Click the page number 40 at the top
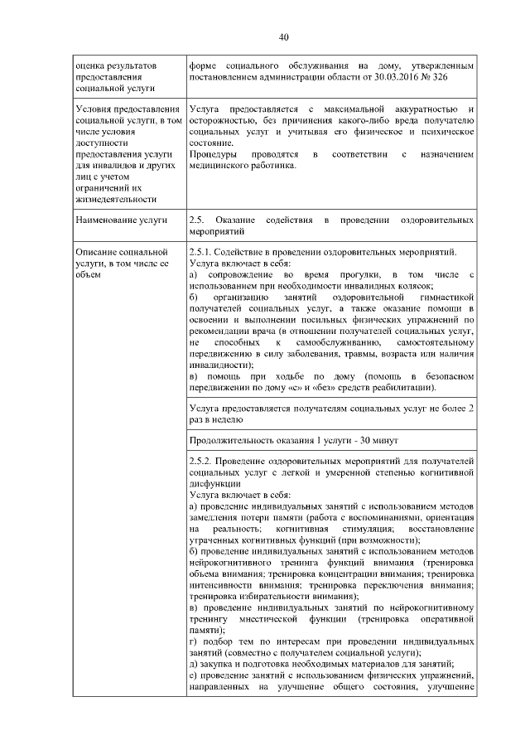click(283, 37)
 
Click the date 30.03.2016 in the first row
click(393, 76)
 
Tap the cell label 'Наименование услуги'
click(120, 220)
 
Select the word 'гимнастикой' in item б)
click(446, 296)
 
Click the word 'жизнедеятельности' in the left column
click(116, 198)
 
